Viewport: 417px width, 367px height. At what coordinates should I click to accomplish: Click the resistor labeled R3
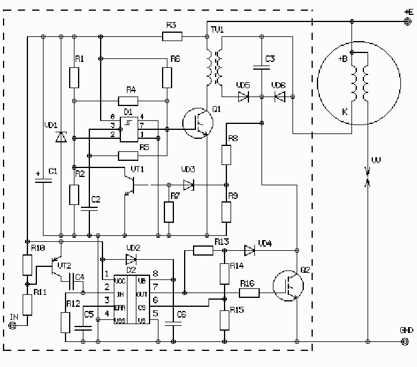[x=172, y=37]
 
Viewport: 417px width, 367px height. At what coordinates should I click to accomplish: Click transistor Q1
[x=198, y=123]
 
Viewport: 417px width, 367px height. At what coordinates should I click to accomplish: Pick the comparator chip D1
[x=129, y=129]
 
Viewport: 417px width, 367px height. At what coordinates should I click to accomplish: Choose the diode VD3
[x=188, y=185]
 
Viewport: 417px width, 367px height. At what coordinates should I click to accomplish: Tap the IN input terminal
[x=11, y=325]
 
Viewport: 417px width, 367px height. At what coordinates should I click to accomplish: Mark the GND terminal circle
[x=406, y=341]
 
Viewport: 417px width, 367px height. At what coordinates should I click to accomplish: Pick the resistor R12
[x=66, y=322]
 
